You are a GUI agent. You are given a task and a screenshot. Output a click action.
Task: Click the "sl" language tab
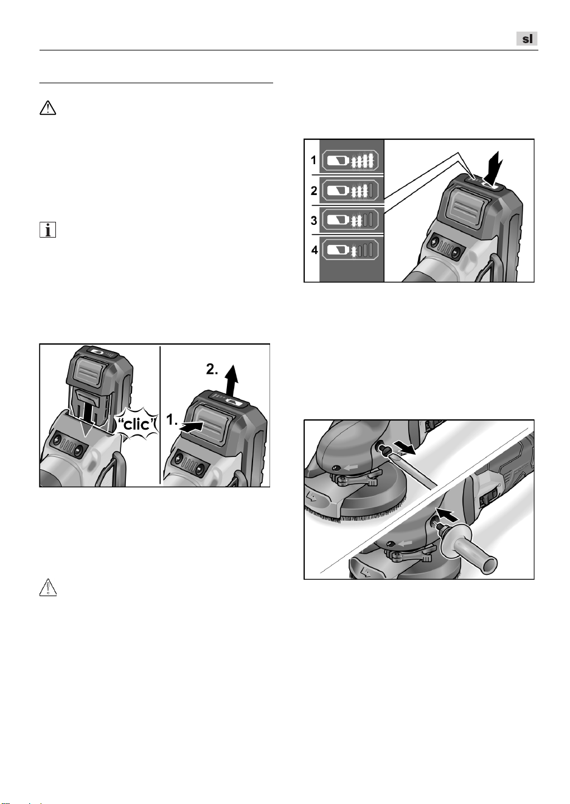pyautogui.click(x=527, y=38)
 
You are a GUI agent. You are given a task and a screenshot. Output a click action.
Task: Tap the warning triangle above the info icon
pyautogui.click(x=47, y=108)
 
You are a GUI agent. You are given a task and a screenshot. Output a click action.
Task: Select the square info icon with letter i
pyautogui.click(x=47, y=230)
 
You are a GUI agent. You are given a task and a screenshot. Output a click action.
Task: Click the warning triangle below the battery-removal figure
pyautogui.click(x=48, y=588)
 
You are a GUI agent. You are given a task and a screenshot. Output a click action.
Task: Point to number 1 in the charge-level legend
pyautogui.click(x=313, y=160)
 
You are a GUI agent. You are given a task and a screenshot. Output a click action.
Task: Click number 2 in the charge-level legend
pyautogui.click(x=314, y=191)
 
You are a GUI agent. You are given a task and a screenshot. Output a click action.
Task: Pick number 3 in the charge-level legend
pyautogui.click(x=314, y=220)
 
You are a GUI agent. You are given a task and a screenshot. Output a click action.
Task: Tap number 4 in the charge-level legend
pyautogui.click(x=315, y=250)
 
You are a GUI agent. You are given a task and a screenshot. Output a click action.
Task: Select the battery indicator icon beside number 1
pyautogui.click(x=350, y=160)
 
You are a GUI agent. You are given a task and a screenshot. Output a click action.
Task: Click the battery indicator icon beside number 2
pyautogui.click(x=350, y=190)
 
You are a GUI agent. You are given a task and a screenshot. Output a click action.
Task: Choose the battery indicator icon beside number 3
pyautogui.click(x=350, y=219)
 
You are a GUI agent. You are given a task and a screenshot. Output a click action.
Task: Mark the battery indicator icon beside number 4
pyautogui.click(x=350, y=249)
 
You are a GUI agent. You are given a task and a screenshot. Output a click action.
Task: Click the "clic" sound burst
pyautogui.click(x=137, y=425)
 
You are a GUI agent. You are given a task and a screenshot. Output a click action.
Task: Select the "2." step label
pyautogui.click(x=212, y=369)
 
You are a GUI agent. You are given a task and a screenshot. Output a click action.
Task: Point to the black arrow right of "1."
pyautogui.click(x=191, y=427)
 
